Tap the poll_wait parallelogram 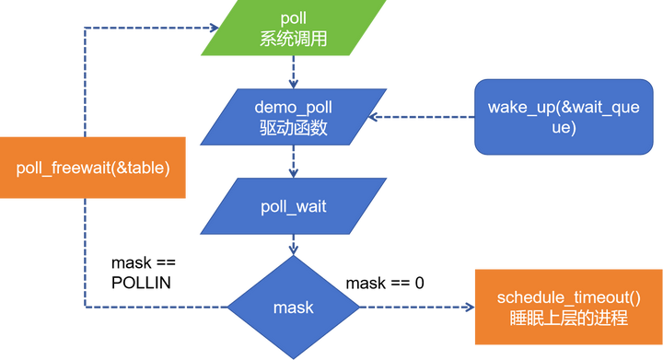click(x=293, y=207)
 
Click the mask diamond click(x=293, y=307)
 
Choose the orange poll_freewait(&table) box click(x=86, y=167)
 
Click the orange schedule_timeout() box click(x=567, y=307)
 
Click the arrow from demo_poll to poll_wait click(x=292, y=163)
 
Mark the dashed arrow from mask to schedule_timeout click(x=414, y=307)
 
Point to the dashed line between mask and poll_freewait click(x=157, y=307)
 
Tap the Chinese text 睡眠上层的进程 click(x=567, y=319)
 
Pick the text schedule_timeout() click(x=567, y=297)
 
